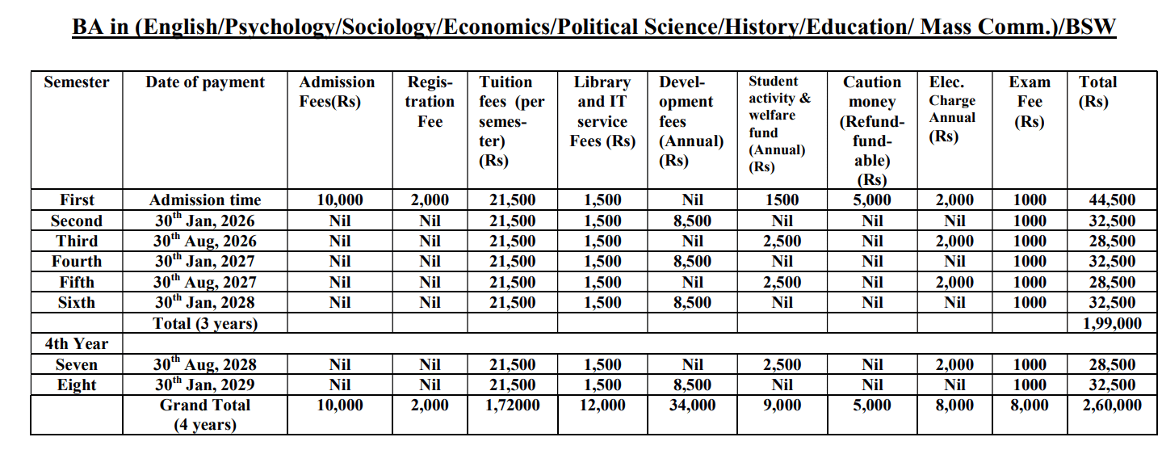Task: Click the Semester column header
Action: [77, 82]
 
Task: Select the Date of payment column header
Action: [205, 82]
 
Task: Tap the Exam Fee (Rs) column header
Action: [1030, 102]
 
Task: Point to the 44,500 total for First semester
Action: [1112, 200]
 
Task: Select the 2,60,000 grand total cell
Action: [1112, 406]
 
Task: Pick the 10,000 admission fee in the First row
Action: [339, 200]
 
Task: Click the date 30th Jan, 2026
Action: [205, 221]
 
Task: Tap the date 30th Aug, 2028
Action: [205, 365]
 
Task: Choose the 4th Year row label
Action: [76, 344]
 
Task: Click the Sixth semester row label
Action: [76, 303]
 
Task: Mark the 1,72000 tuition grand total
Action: [512, 406]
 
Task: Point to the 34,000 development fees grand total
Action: [692, 406]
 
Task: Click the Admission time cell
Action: [205, 200]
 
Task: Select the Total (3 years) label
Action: [205, 323]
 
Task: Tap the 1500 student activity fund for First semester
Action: [782, 200]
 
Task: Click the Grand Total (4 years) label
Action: [205, 414]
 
